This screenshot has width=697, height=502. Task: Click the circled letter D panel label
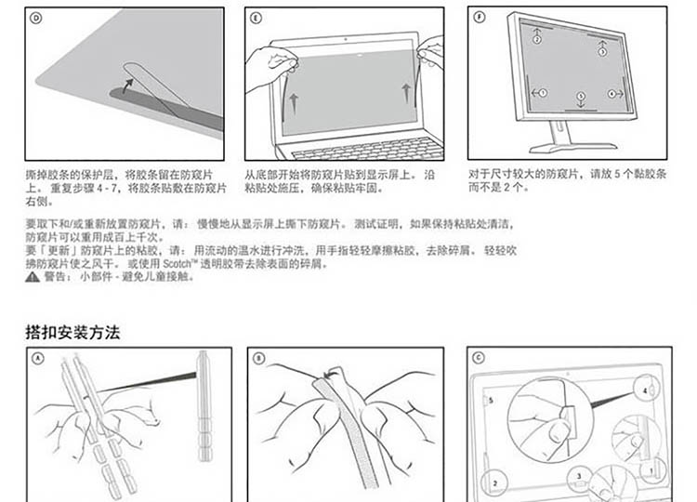coord(36,17)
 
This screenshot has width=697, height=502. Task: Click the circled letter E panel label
coord(256,17)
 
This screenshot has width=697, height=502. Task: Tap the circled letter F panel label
coord(479,17)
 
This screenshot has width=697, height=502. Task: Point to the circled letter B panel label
coord(258,358)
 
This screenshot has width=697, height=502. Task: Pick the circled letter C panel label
coord(479,358)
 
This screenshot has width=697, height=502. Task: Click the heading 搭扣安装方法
coord(72,332)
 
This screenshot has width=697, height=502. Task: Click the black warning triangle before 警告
coord(31,276)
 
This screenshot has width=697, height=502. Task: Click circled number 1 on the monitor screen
coord(543,93)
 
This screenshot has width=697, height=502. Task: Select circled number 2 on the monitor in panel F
coord(536,40)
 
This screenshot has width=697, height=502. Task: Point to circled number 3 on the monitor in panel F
coord(602,52)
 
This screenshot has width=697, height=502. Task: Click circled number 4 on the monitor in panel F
coord(612,93)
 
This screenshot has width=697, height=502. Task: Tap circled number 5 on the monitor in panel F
coord(580,95)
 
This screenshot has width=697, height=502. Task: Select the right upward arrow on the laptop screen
coord(406,91)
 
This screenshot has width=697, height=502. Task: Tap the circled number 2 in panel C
coord(494,482)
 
